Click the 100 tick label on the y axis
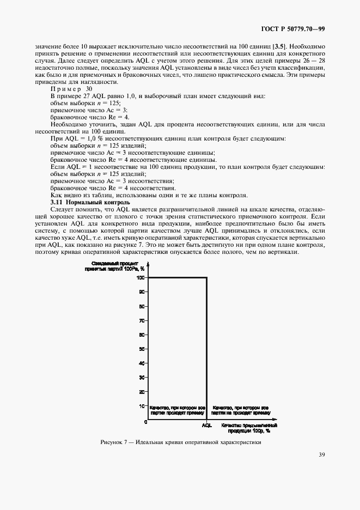pos(142,278)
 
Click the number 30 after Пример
pos(89,88)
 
